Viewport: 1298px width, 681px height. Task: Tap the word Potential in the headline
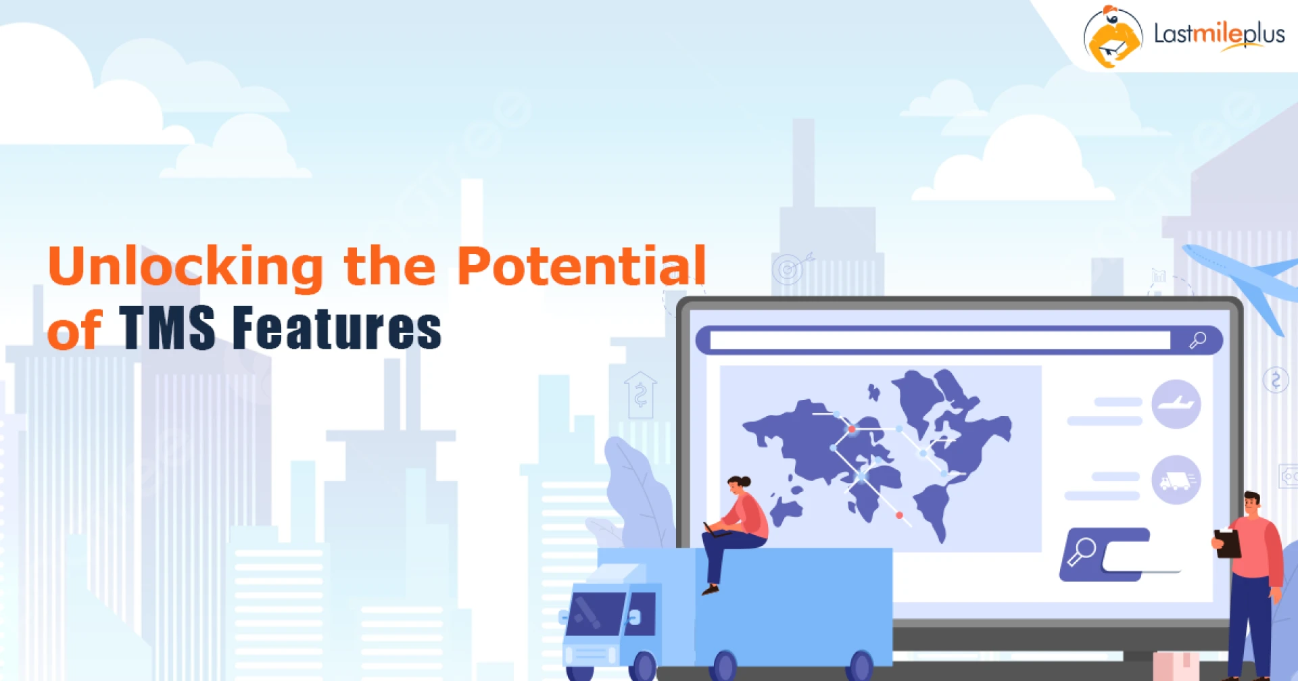tap(581, 266)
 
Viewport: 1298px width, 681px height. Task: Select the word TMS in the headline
tap(167, 328)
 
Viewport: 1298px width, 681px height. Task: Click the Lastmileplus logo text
tap(1219, 34)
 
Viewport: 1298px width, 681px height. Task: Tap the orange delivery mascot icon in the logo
tap(1112, 38)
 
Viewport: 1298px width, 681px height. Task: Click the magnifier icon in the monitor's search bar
tap(1197, 340)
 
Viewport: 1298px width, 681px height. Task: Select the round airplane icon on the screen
tap(1176, 404)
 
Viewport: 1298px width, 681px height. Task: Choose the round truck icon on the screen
tap(1176, 480)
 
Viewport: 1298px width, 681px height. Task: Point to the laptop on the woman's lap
tap(715, 530)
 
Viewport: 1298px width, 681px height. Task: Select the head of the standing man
tap(1252, 503)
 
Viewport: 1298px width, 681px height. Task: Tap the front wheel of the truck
tap(642, 666)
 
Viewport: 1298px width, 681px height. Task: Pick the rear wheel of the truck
tap(861, 666)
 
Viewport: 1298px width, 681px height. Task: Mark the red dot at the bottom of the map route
tap(899, 515)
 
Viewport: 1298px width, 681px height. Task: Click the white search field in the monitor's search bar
tap(940, 340)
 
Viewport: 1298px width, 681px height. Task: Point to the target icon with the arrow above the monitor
tap(788, 270)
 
